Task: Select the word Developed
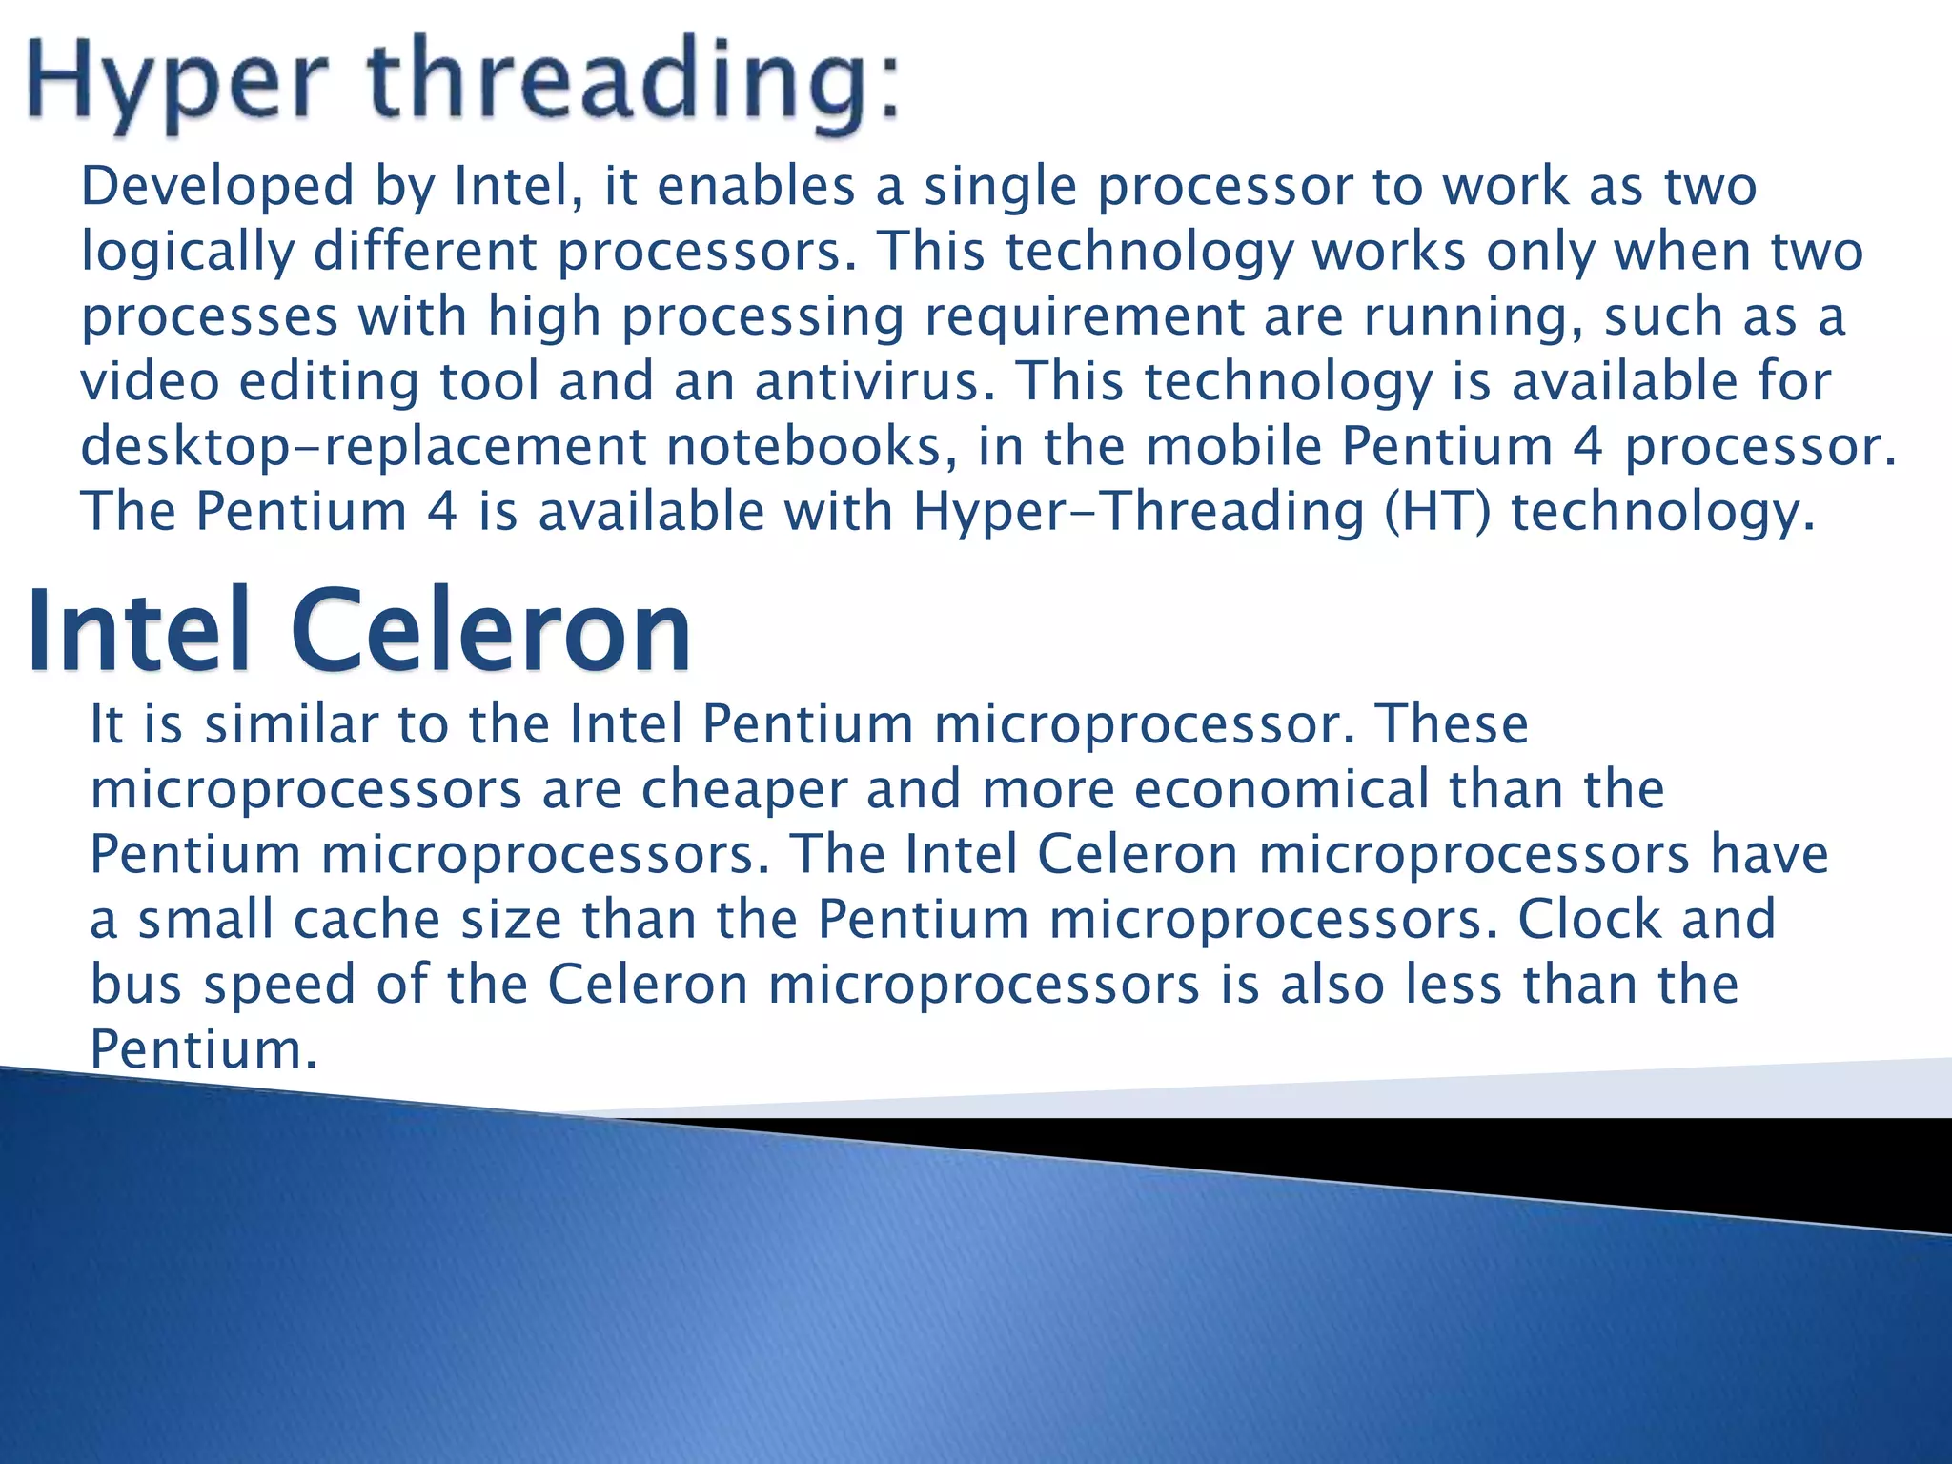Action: (217, 187)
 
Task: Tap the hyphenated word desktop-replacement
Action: (363, 448)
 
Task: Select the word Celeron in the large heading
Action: (491, 632)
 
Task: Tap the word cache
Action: (367, 920)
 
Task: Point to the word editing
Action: (329, 383)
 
